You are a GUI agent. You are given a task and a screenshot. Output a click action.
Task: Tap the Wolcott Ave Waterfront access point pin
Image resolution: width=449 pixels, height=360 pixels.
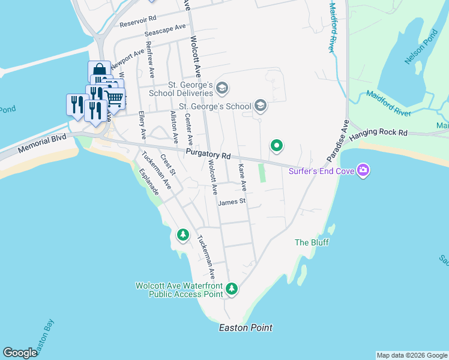(232, 290)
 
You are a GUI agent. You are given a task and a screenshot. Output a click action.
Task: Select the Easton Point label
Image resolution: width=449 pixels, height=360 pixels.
(246, 328)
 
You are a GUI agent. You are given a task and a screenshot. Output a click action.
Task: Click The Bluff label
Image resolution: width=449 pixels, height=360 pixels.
(309, 242)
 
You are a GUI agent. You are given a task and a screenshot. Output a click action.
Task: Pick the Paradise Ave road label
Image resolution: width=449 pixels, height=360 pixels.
(337, 140)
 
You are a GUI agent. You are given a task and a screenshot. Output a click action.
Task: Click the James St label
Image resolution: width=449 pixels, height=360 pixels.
(232, 202)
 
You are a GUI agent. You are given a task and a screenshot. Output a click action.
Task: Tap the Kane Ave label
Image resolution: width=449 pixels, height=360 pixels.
(243, 178)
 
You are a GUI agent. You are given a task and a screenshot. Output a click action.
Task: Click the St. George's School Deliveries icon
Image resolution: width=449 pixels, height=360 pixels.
(222, 88)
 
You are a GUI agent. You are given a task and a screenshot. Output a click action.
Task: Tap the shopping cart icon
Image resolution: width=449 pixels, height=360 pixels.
(115, 98)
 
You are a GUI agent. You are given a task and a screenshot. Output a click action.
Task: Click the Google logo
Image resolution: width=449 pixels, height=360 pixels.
(20, 353)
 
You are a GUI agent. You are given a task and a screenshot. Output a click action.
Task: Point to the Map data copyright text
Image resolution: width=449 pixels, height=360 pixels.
(412, 355)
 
